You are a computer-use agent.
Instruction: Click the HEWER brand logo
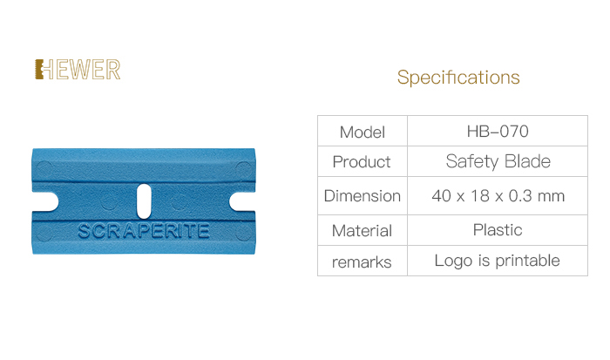pyautogui.click(x=78, y=70)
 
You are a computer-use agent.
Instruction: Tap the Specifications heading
pyautogui.click(x=458, y=78)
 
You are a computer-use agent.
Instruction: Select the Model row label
pyautogui.click(x=363, y=132)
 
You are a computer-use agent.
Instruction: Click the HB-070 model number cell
pyautogui.click(x=498, y=131)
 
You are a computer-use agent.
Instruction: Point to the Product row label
pyautogui.click(x=362, y=161)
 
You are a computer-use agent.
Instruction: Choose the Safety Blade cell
pyautogui.click(x=498, y=161)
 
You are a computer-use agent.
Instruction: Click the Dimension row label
pyautogui.click(x=363, y=196)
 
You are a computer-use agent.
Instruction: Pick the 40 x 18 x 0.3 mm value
pyautogui.click(x=498, y=196)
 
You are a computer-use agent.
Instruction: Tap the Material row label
pyautogui.click(x=362, y=231)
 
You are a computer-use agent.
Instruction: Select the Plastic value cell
pyautogui.click(x=498, y=229)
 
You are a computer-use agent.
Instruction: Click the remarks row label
pyautogui.click(x=362, y=262)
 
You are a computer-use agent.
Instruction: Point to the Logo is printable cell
pyautogui.click(x=498, y=261)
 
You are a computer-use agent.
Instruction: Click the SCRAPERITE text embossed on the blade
pyautogui.click(x=144, y=231)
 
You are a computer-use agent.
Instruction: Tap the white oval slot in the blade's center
pyautogui.click(x=144, y=201)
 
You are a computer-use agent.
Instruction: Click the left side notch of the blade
pyautogui.click(x=44, y=201)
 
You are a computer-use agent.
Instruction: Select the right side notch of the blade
pyautogui.click(x=242, y=201)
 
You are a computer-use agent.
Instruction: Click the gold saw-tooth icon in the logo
pyautogui.click(x=39, y=69)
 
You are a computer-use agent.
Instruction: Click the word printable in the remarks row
pyautogui.click(x=527, y=261)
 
